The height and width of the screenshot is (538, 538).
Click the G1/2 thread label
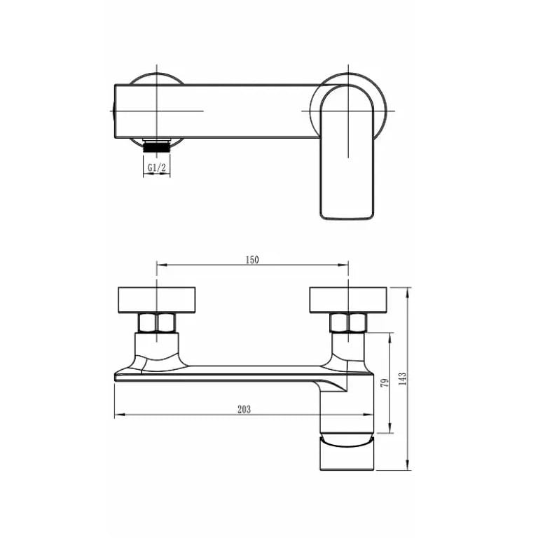[157, 168]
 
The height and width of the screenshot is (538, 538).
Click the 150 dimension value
[252, 260]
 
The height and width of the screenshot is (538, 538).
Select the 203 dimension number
[244, 409]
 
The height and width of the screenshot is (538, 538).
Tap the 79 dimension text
[385, 383]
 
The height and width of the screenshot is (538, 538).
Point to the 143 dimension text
[403, 379]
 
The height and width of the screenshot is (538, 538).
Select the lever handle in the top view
[347, 152]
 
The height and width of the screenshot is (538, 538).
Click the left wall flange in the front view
[157, 301]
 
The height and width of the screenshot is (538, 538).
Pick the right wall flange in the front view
[348, 301]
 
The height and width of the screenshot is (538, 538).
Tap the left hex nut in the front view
[157, 322]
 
